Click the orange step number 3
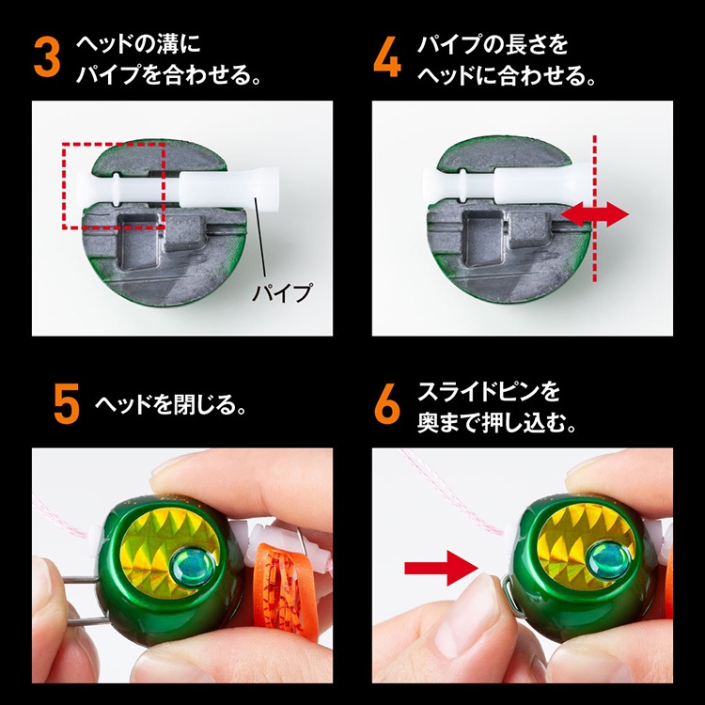coord(47,57)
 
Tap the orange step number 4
coord(387,57)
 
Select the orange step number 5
coord(67,404)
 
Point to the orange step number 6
coord(387,404)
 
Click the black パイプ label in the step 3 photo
coord(282,293)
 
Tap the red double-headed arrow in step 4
coord(594,214)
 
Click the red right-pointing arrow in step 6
coord(441,568)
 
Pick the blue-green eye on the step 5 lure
coord(189,566)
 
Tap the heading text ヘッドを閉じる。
coord(171,404)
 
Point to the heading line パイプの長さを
coord(493,45)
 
